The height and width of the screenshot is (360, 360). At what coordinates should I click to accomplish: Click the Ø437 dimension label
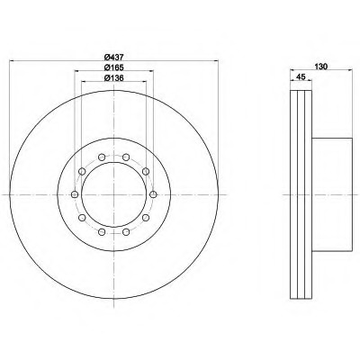pyautogui.click(x=114, y=57)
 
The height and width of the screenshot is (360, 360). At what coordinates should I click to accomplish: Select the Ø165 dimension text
pyautogui.click(x=114, y=67)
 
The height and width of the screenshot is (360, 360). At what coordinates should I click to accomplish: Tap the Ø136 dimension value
pyautogui.click(x=114, y=78)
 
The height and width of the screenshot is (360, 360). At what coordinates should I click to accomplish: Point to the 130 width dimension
pyautogui.click(x=320, y=67)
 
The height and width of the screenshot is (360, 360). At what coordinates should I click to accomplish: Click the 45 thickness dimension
pyautogui.click(x=301, y=76)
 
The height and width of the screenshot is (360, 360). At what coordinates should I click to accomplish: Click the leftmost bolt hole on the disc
pyautogui.click(x=75, y=194)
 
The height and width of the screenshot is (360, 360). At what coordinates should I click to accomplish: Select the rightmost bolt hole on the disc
pyautogui.click(x=153, y=194)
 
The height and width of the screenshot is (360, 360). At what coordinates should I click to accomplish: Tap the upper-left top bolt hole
pyautogui.click(x=102, y=157)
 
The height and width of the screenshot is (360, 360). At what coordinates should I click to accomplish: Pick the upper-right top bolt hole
pyautogui.click(x=126, y=157)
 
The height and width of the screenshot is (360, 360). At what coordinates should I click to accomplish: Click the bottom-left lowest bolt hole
pyautogui.click(x=102, y=231)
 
